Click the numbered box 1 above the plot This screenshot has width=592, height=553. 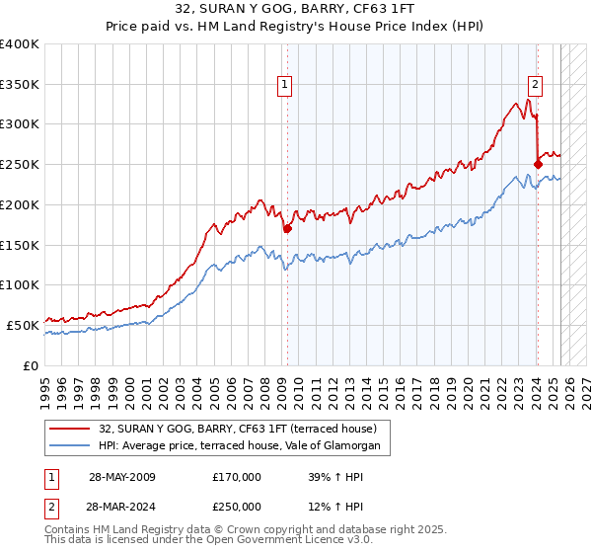click(284, 86)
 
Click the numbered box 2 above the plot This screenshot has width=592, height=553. click(534, 86)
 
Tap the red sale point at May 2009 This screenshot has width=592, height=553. click(287, 229)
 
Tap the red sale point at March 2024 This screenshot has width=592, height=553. click(538, 164)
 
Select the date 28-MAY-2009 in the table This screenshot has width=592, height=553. click(121, 476)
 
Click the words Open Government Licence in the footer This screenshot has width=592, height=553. click(266, 542)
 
